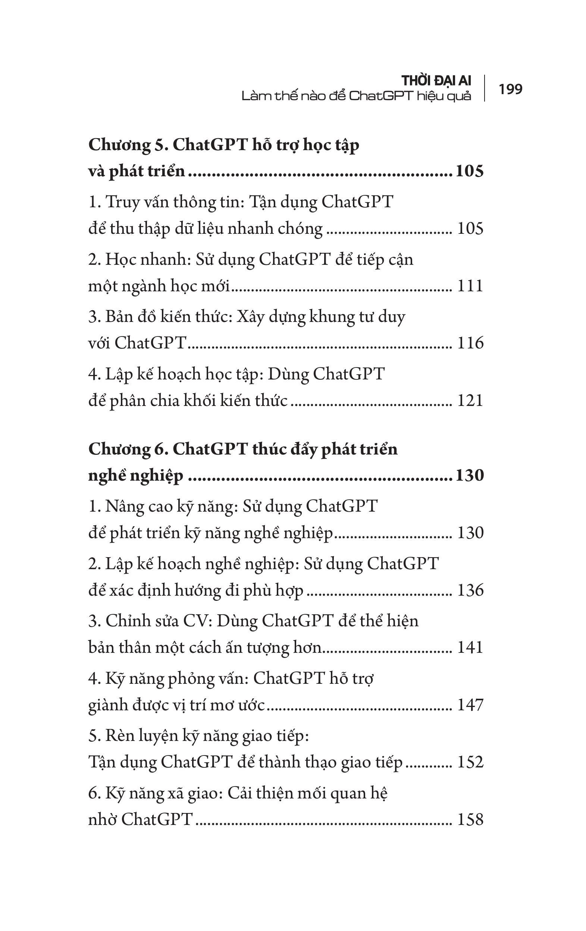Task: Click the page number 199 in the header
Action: click(x=510, y=89)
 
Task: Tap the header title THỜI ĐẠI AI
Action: click(x=436, y=81)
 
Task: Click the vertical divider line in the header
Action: click(x=485, y=88)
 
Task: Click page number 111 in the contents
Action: click(x=470, y=286)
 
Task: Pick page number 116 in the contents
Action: click(x=470, y=343)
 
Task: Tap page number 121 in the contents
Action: click(x=470, y=401)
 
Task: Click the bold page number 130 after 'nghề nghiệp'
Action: click(x=469, y=475)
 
